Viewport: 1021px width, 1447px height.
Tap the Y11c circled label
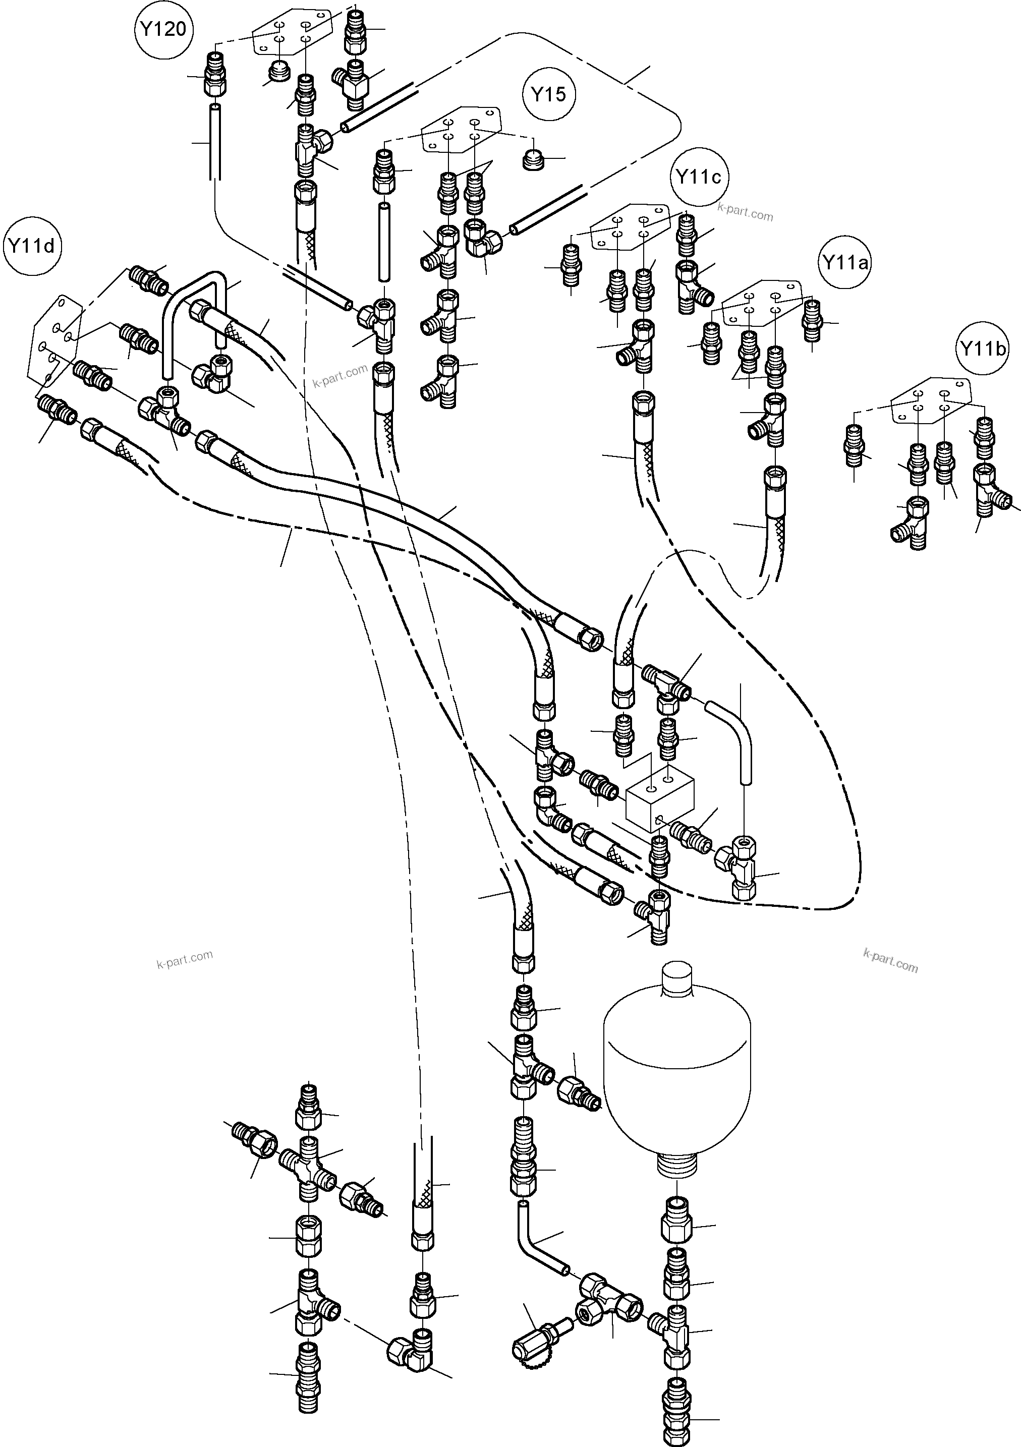click(698, 178)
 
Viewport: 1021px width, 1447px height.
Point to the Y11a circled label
click(844, 262)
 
